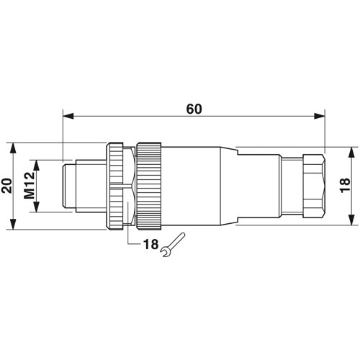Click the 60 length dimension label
[x=194, y=109]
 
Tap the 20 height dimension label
[x=7, y=186]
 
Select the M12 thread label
[x=30, y=186]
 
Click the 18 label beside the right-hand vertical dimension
[x=345, y=185]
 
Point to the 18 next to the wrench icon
[x=151, y=244]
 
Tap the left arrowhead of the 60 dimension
[x=68, y=116]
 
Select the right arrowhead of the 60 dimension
[x=320, y=116]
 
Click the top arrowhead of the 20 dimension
[x=14, y=148]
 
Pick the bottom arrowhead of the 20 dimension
[x=14, y=224]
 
